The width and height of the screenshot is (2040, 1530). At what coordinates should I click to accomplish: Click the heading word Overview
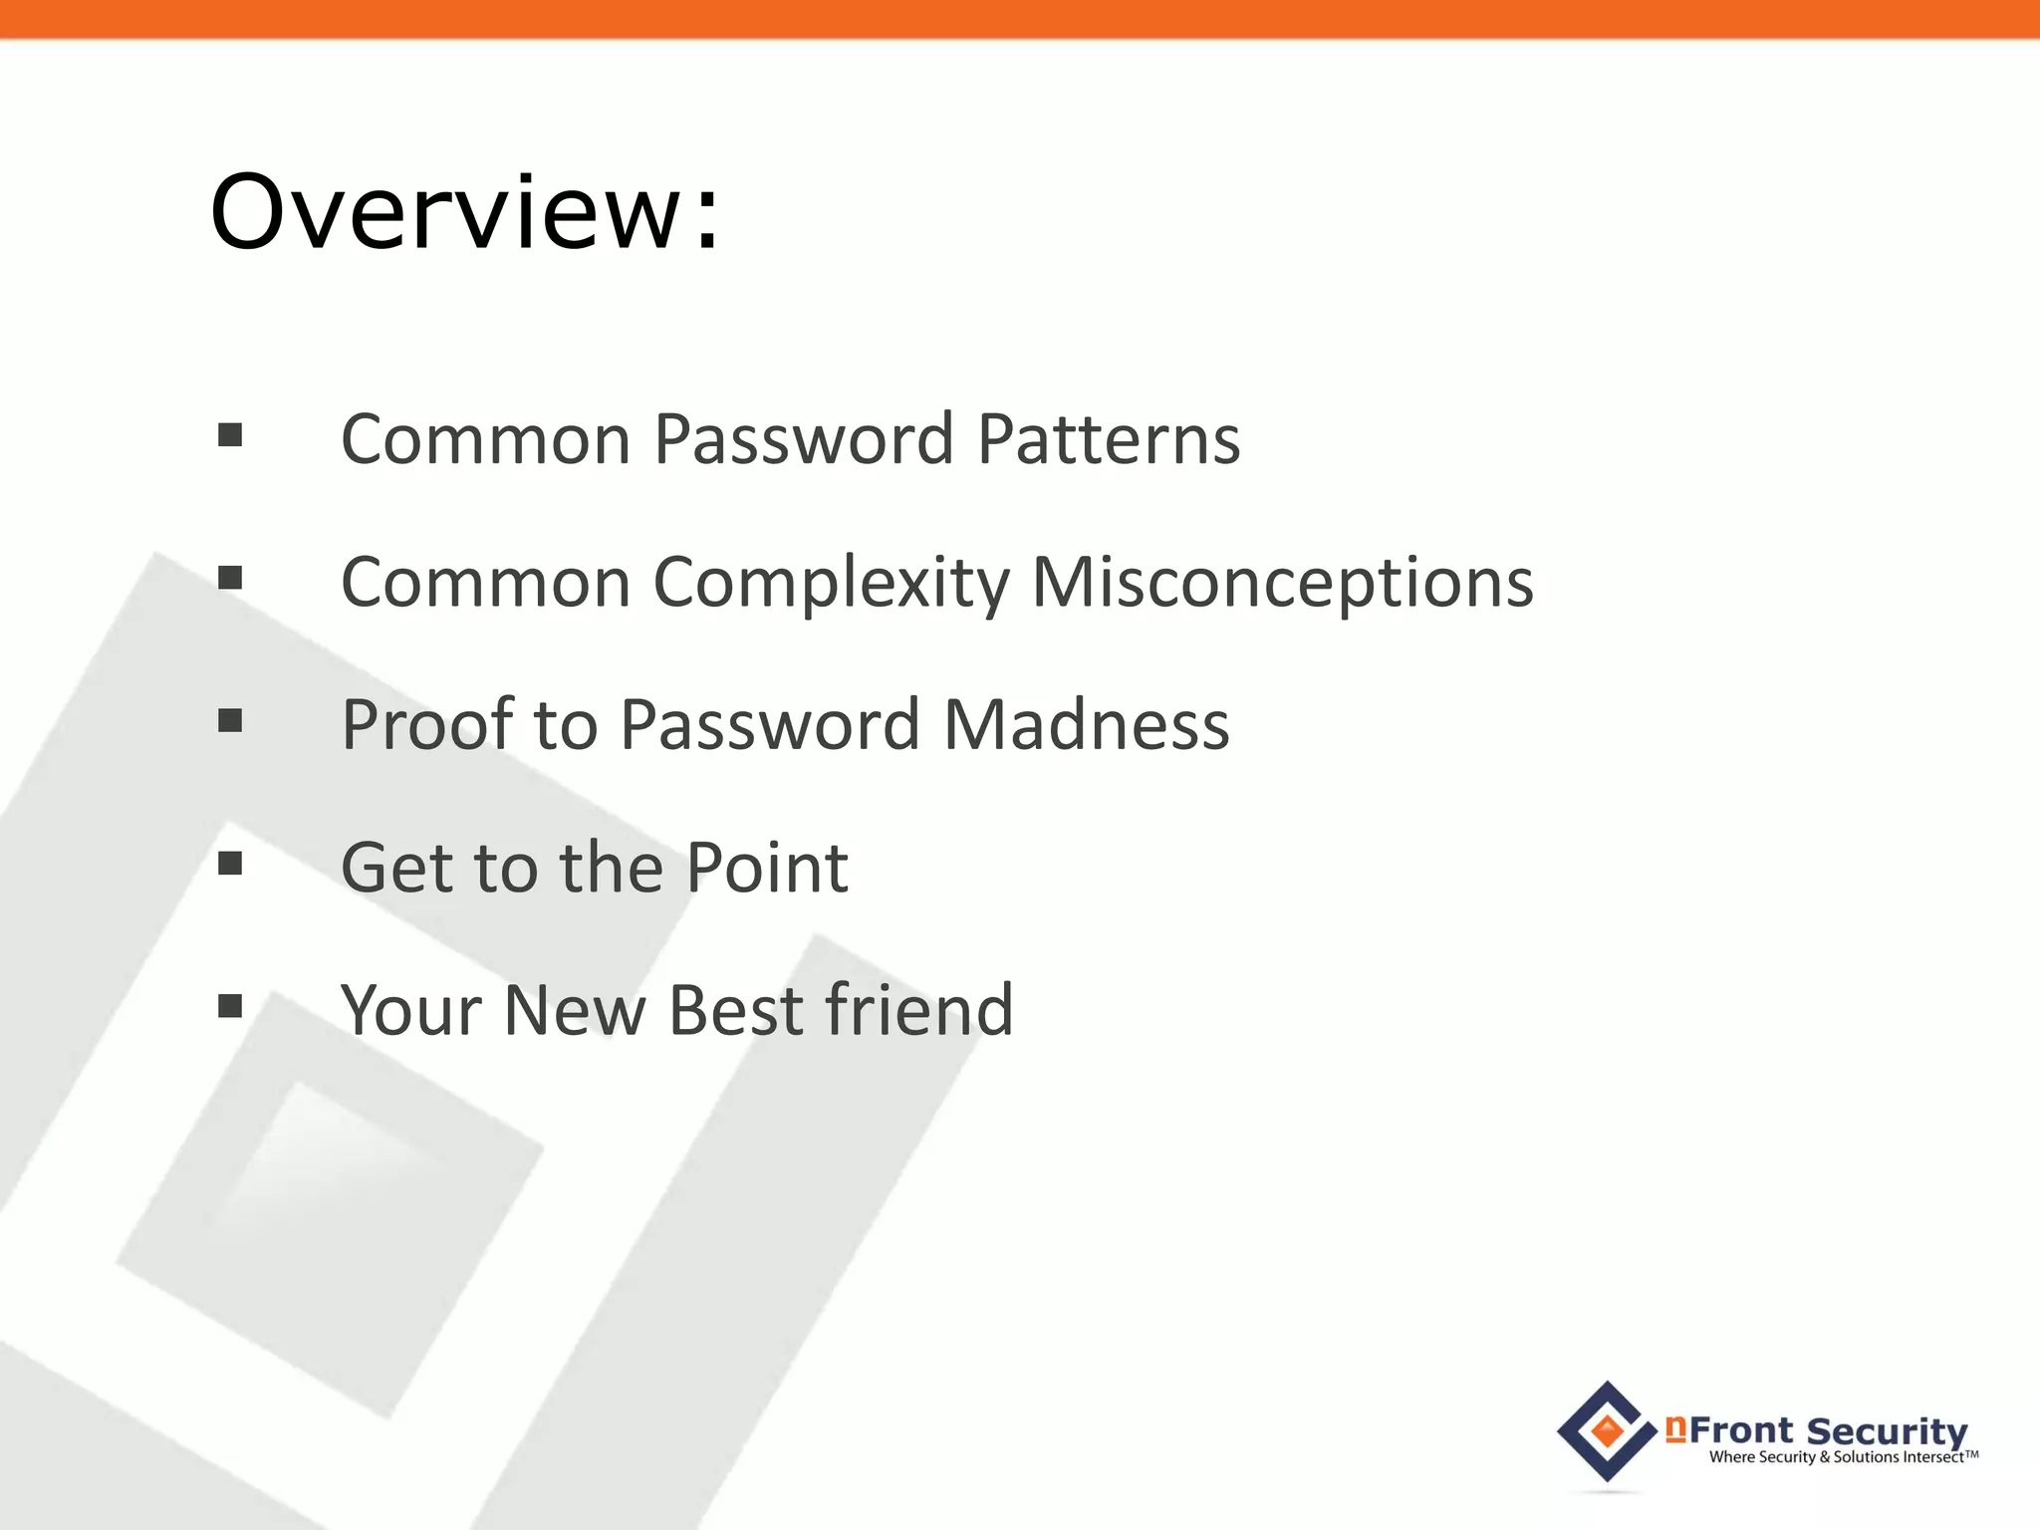(x=444, y=212)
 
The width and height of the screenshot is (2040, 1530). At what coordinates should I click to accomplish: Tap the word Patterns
(x=1109, y=439)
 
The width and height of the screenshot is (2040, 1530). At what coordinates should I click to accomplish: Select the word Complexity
(x=832, y=583)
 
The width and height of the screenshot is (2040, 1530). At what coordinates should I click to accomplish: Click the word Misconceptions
(x=1283, y=583)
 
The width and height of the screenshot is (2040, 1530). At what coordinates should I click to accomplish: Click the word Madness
(x=1086, y=724)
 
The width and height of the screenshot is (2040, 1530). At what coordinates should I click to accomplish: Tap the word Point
(x=767, y=868)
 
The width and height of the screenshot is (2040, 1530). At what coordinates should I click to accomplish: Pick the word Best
(x=736, y=1010)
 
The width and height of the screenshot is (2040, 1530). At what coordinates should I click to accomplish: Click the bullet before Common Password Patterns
(x=230, y=435)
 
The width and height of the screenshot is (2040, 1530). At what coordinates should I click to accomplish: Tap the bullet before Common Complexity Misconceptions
(x=230, y=578)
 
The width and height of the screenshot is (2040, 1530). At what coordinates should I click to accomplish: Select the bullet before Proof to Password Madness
(x=230, y=720)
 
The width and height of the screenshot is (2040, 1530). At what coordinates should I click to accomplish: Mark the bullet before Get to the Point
(x=230, y=863)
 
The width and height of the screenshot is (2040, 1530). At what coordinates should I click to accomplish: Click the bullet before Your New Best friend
(x=230, y=1006)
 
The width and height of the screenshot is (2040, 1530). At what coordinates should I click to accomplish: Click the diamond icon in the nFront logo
(x=1607, y=1431)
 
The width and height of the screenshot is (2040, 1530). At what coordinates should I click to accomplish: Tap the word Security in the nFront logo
(x=1887, y=1431)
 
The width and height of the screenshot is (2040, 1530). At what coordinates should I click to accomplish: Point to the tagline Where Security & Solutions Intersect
(x=1843, y=1457)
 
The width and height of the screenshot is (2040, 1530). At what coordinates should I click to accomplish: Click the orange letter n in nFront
(x=1675, y=1429)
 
